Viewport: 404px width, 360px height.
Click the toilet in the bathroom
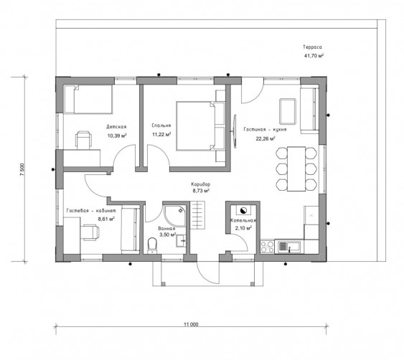click(153, 245)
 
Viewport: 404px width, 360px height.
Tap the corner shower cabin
click(174, 216)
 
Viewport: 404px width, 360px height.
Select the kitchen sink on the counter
click(289, 247)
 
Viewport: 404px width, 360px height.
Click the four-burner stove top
click(268, 247)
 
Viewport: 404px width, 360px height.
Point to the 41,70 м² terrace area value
click(314, 56)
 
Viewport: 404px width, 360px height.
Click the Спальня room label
click(161, 125)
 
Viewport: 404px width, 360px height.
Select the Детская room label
click(116, 127)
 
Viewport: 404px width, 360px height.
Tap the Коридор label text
click(200, 184)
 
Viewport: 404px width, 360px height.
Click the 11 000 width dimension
click(191, 324)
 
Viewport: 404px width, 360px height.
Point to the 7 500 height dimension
click(22, 169)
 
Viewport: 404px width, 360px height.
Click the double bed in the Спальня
click(201, 126)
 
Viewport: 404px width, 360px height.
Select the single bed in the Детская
click(88, 100)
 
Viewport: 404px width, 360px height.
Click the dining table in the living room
click(296, 169)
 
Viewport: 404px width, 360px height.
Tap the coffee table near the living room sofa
click(288, 111)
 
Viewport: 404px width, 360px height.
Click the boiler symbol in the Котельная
click(243, 211)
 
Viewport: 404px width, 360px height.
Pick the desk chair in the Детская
click(84, 141)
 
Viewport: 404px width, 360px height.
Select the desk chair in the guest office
click(90, 232)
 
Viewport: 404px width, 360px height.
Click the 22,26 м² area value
click(266, 139)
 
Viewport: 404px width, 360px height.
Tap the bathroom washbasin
click(182, 241)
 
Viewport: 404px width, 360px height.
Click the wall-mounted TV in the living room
click(235, 131)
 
